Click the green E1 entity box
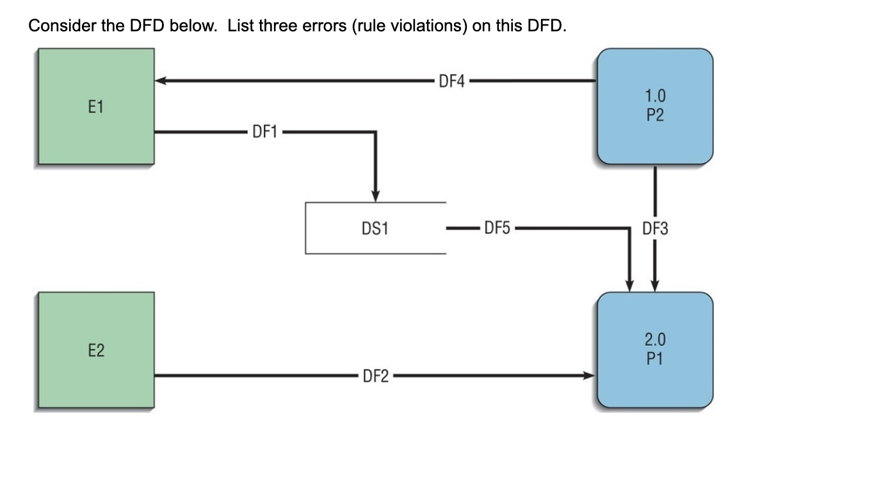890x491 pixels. click(95, 107)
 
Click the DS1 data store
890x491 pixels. click(375, 228)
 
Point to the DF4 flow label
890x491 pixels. click(451, 81)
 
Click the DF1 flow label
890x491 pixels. click(264, 132)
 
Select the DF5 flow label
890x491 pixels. click(497, 228)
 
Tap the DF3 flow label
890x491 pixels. click(655, 228)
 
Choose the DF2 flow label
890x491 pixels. click(376, 376)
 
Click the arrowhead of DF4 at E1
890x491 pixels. click(161, 81)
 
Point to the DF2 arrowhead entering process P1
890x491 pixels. click(589, 376)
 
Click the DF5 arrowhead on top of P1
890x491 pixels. click(629, 285)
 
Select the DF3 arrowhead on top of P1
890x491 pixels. click(655, 285)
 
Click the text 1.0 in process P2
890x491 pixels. click(654, 97)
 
